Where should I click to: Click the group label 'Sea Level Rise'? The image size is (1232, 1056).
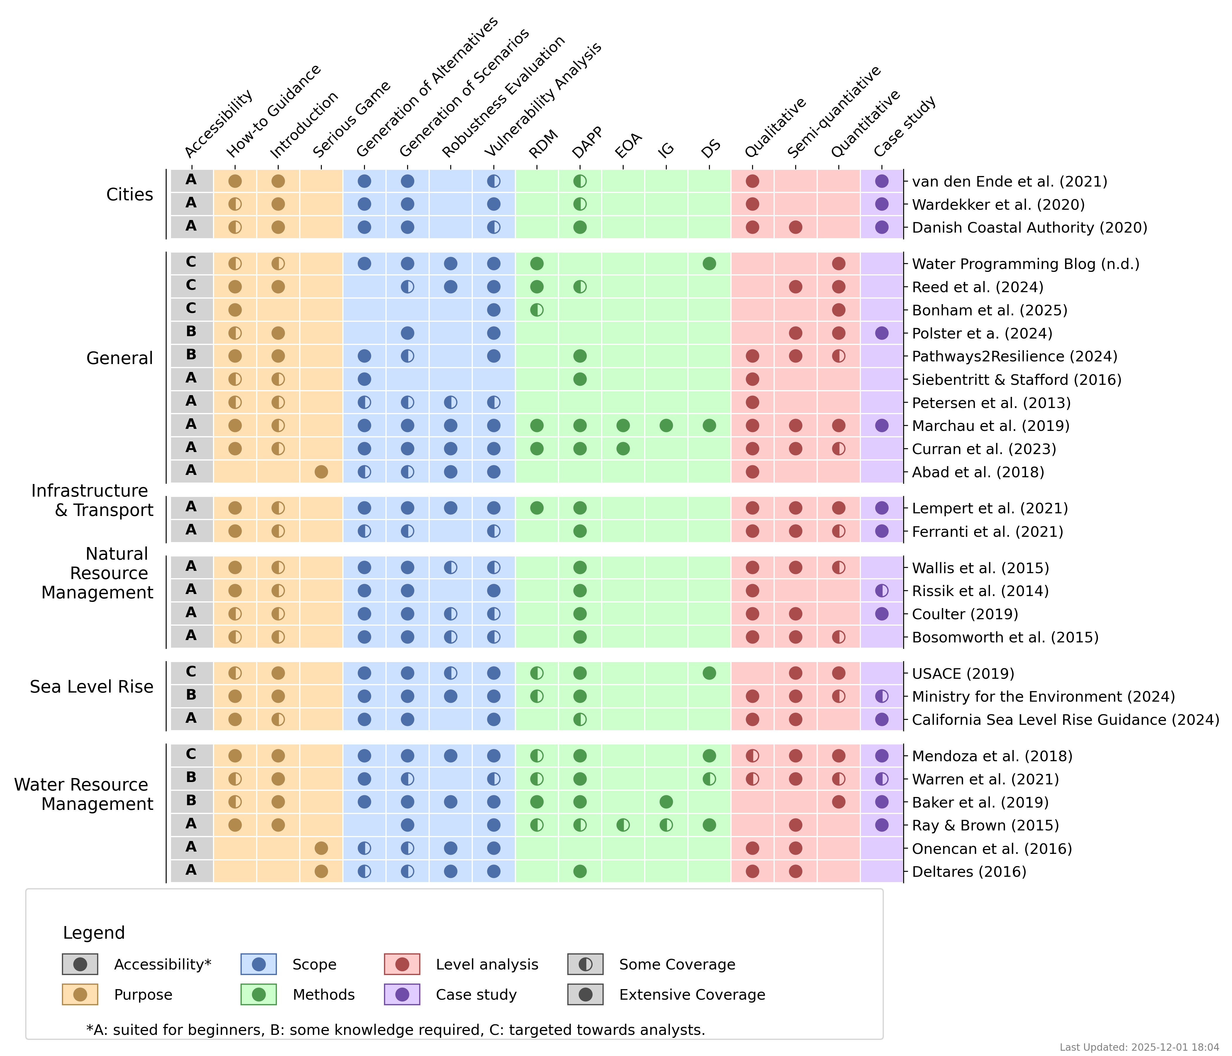[x=92, y=687]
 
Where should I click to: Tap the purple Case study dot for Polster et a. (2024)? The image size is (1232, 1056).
[x=882, y=333]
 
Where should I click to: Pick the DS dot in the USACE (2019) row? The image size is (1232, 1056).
[x=709, y=673]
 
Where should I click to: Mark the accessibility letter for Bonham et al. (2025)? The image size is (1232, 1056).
[x=191, y=309]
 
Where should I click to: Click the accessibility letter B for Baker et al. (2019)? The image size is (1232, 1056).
[x=191, y=801]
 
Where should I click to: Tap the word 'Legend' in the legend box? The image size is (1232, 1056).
[x=94, y=932]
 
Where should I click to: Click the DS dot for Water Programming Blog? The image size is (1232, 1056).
[x=709, y=263]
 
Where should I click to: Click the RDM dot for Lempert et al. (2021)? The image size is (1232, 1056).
[x=537, y=508]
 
